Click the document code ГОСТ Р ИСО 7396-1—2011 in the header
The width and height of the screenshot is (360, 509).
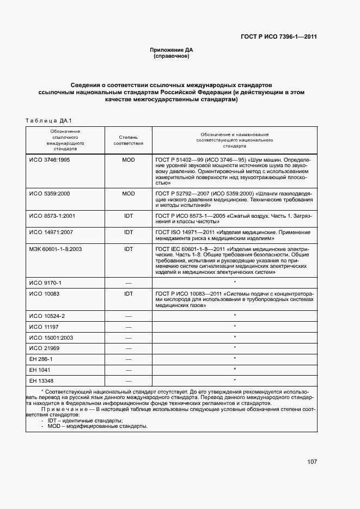click(278, 37)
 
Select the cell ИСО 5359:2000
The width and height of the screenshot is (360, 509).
click(49, 194)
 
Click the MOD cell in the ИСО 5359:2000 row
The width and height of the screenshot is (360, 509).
click(129, 194)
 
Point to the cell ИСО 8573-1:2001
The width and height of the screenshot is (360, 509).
click(52, 217)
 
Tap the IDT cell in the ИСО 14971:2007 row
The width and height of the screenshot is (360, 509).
click(129, 232)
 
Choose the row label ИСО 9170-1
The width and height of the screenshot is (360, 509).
click(45, 283)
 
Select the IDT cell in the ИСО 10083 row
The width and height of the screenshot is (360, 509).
click(129, 294)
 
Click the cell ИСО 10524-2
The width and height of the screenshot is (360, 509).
click(47, 316)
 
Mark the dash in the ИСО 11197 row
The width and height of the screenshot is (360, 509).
click(129, 327)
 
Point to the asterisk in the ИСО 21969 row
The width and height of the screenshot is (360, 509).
click(234, 348)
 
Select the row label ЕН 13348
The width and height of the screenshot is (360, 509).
click(41, 380)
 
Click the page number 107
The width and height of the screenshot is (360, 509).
click(312, 462)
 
